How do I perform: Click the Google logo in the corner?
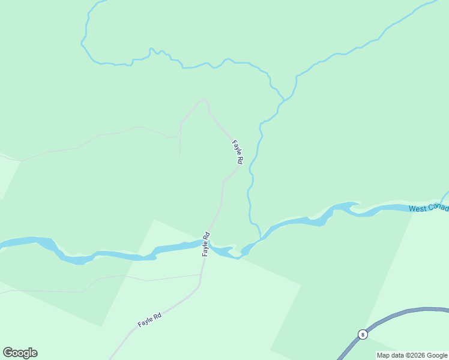(20, 353)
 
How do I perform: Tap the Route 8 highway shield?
(363, 335)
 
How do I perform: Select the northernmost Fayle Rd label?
(237, 152)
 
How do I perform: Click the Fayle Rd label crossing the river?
(206, 244)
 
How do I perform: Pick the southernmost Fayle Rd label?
(149, 320)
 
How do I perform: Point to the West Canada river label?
(428, 208)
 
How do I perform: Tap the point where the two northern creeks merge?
(282, 100)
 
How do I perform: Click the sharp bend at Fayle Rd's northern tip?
(205, 100)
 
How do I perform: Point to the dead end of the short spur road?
(180, 158)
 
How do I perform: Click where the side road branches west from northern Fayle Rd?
(181, 124)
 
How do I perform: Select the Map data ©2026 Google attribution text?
(412, 355)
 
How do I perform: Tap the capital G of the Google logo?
(8, 353)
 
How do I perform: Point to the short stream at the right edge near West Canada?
(445, 196)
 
